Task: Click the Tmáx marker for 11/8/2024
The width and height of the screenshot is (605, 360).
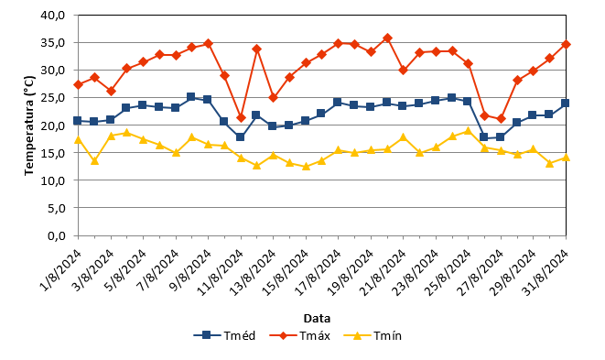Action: pos(241,118)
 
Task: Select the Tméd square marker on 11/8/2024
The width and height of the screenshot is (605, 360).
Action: pos(240,136)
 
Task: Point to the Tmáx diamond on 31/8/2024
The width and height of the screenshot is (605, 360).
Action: pos(566,44)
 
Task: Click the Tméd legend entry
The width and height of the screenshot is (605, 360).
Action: pos(224,335)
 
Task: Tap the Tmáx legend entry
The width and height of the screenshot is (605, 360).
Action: pos(300,335)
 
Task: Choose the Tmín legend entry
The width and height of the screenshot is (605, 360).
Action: pos(373,335)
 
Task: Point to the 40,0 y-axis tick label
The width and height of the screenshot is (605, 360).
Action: pos(52,15)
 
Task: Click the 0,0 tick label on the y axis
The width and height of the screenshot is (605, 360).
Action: pos(57,235)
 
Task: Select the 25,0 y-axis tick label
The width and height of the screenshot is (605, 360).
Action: pos(52,98)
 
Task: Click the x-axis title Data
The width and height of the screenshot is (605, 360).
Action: pos(317,318)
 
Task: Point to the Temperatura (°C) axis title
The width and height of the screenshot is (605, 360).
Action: pos(29,125)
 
